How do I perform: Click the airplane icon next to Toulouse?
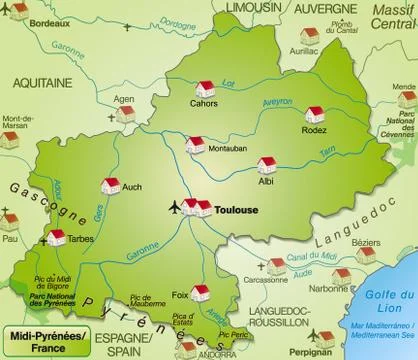tap(178, 207)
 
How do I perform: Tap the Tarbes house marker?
tap(56, 237)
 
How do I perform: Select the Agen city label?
tap(124, 100)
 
